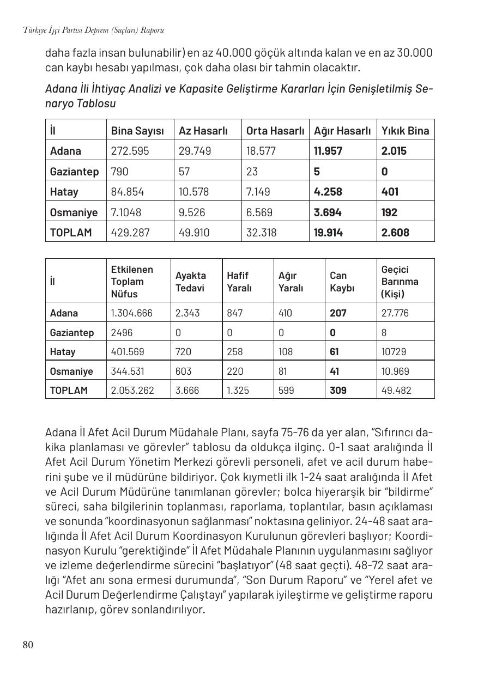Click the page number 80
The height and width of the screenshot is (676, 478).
28,645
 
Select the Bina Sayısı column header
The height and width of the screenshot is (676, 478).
137,131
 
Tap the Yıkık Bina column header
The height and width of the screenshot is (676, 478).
405,131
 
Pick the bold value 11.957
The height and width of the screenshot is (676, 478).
328,151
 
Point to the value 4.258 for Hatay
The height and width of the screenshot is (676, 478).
326,192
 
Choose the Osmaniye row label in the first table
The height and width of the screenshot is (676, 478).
74,212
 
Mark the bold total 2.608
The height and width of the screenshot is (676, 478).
395,233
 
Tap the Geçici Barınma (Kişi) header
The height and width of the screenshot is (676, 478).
400,282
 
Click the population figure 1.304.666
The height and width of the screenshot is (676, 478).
131,313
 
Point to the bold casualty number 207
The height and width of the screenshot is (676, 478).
338,313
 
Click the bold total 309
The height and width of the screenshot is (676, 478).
338,391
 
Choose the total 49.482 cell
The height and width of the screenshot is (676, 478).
396,391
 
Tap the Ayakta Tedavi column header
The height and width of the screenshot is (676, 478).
190,282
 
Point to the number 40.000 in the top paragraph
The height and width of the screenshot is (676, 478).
234,53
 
